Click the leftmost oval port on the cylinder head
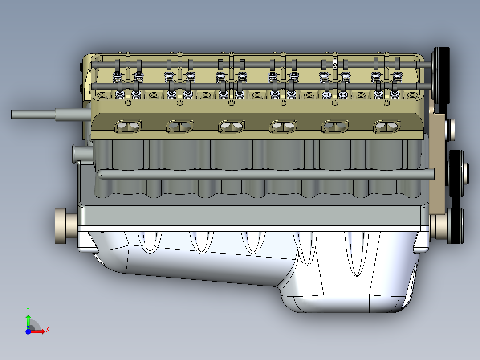tap(129, 127)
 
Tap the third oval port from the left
tap(232, 127)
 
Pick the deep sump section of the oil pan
tap(347, 294)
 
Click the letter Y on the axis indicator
tap(28, 309)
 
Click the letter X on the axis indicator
tap(47, 330)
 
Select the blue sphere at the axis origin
tap(28, 332)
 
